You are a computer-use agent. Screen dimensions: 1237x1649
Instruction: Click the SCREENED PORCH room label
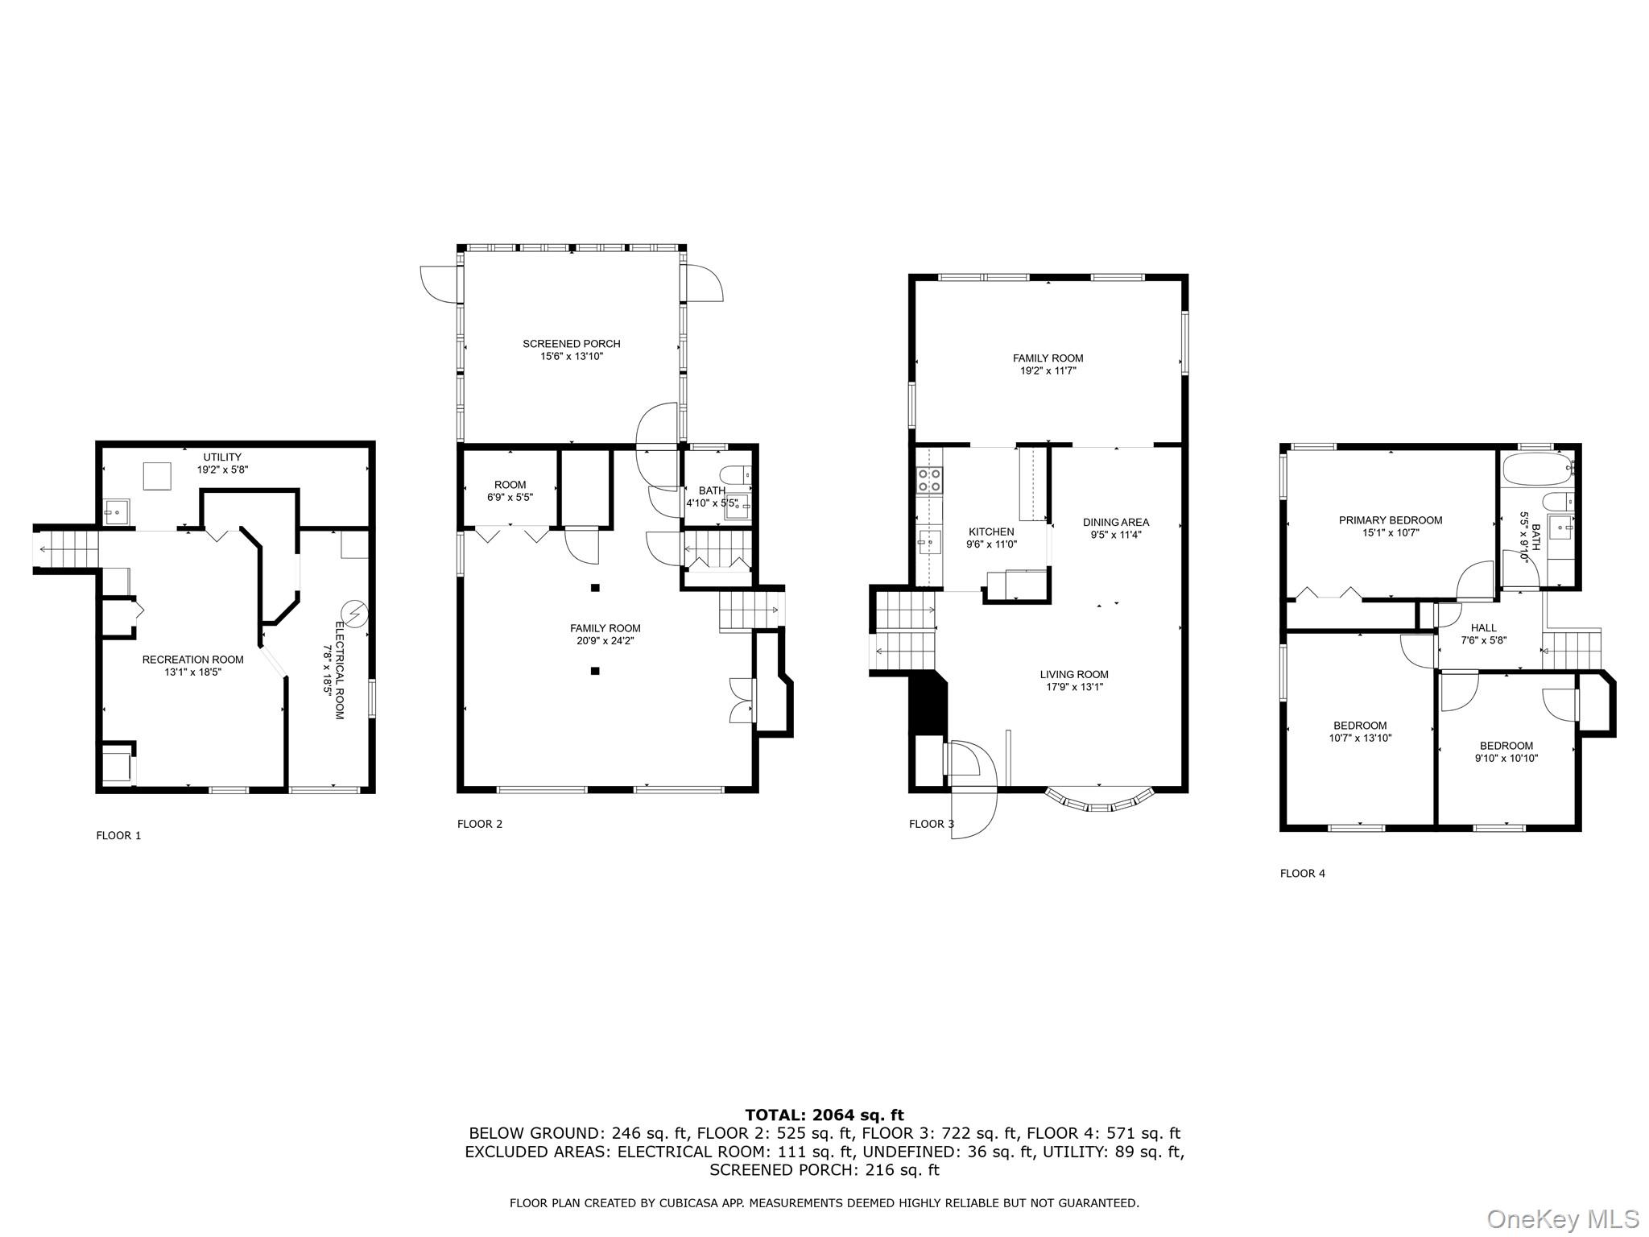(x=571, y=344)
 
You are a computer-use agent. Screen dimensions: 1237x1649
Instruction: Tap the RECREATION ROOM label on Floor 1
(x=192, y=660)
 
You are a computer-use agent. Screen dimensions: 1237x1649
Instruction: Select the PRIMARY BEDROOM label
(x=1390, y=520)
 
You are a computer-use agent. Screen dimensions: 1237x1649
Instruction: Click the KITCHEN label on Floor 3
(x=991, y=532)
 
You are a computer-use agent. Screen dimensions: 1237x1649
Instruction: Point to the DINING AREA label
(x=1115, y=522)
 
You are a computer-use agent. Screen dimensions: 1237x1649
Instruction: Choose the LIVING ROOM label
(x=1073, y=675)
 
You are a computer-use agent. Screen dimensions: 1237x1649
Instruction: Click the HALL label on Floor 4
(x=1483, y=628)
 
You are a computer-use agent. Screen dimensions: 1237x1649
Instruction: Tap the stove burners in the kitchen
(x=928, y=481)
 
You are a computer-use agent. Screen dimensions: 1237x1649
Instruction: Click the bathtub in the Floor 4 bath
(x=1536, y=470)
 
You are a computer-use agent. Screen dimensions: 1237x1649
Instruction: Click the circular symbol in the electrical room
(x=354, y=614)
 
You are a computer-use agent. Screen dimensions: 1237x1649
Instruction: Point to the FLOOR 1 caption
(x=118, y=835)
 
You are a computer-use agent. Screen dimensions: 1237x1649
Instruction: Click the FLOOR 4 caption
(x=1302, y=873)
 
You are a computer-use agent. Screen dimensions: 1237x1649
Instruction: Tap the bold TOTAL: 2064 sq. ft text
(x=824, y=1115)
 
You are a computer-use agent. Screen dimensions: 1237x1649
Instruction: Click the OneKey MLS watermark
(x=1563, y=1218)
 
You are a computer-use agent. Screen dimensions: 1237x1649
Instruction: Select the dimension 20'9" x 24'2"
(x=605, y=641)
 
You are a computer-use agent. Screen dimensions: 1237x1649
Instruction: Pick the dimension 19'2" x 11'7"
(x=1048, y=371)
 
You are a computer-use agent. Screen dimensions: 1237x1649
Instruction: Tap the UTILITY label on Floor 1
(x=222, y=457)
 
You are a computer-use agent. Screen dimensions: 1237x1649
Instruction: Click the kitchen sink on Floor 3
(x=927, y=542)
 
